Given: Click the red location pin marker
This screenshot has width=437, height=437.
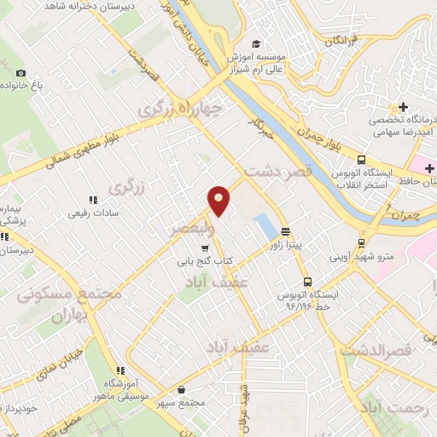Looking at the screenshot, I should tap(219, 200).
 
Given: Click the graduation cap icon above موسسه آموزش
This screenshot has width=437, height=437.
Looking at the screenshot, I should tap(254, 44).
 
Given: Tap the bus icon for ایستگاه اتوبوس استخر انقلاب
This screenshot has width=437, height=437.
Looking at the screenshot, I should tap(362, 160).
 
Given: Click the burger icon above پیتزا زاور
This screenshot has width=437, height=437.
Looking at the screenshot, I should tap(284, 230).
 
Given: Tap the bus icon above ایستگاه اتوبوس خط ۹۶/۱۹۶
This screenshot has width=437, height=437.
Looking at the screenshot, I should tap(306, 281).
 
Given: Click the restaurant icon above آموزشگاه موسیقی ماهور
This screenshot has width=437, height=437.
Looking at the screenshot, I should tap(120, 370).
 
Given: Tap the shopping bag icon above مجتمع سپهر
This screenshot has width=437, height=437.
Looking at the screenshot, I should tap(181, 389).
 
